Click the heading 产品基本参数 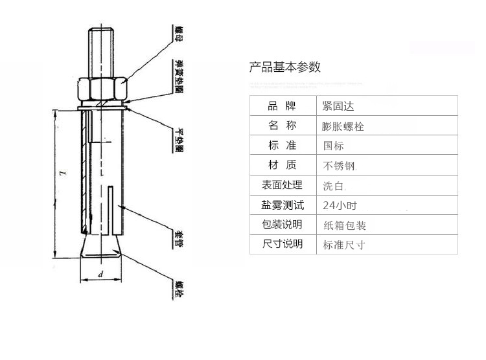(x=285, y=67)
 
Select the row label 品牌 (x=282, y=106)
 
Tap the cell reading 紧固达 (x=339, y=106)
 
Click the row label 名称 (x=282, y=126)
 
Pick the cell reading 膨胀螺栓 (x=343, y=126)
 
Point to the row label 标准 (x=282, y=146)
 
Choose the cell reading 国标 (x=334, y=146)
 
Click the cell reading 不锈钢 (x=340, y=166)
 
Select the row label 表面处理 (x=282, y=185)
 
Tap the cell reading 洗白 (x=334, y=186)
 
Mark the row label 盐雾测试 (x=282, y=205)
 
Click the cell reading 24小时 (x=340, y=206)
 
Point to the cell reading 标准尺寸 (x=344, y=245)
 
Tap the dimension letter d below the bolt (x=101, y=275)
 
